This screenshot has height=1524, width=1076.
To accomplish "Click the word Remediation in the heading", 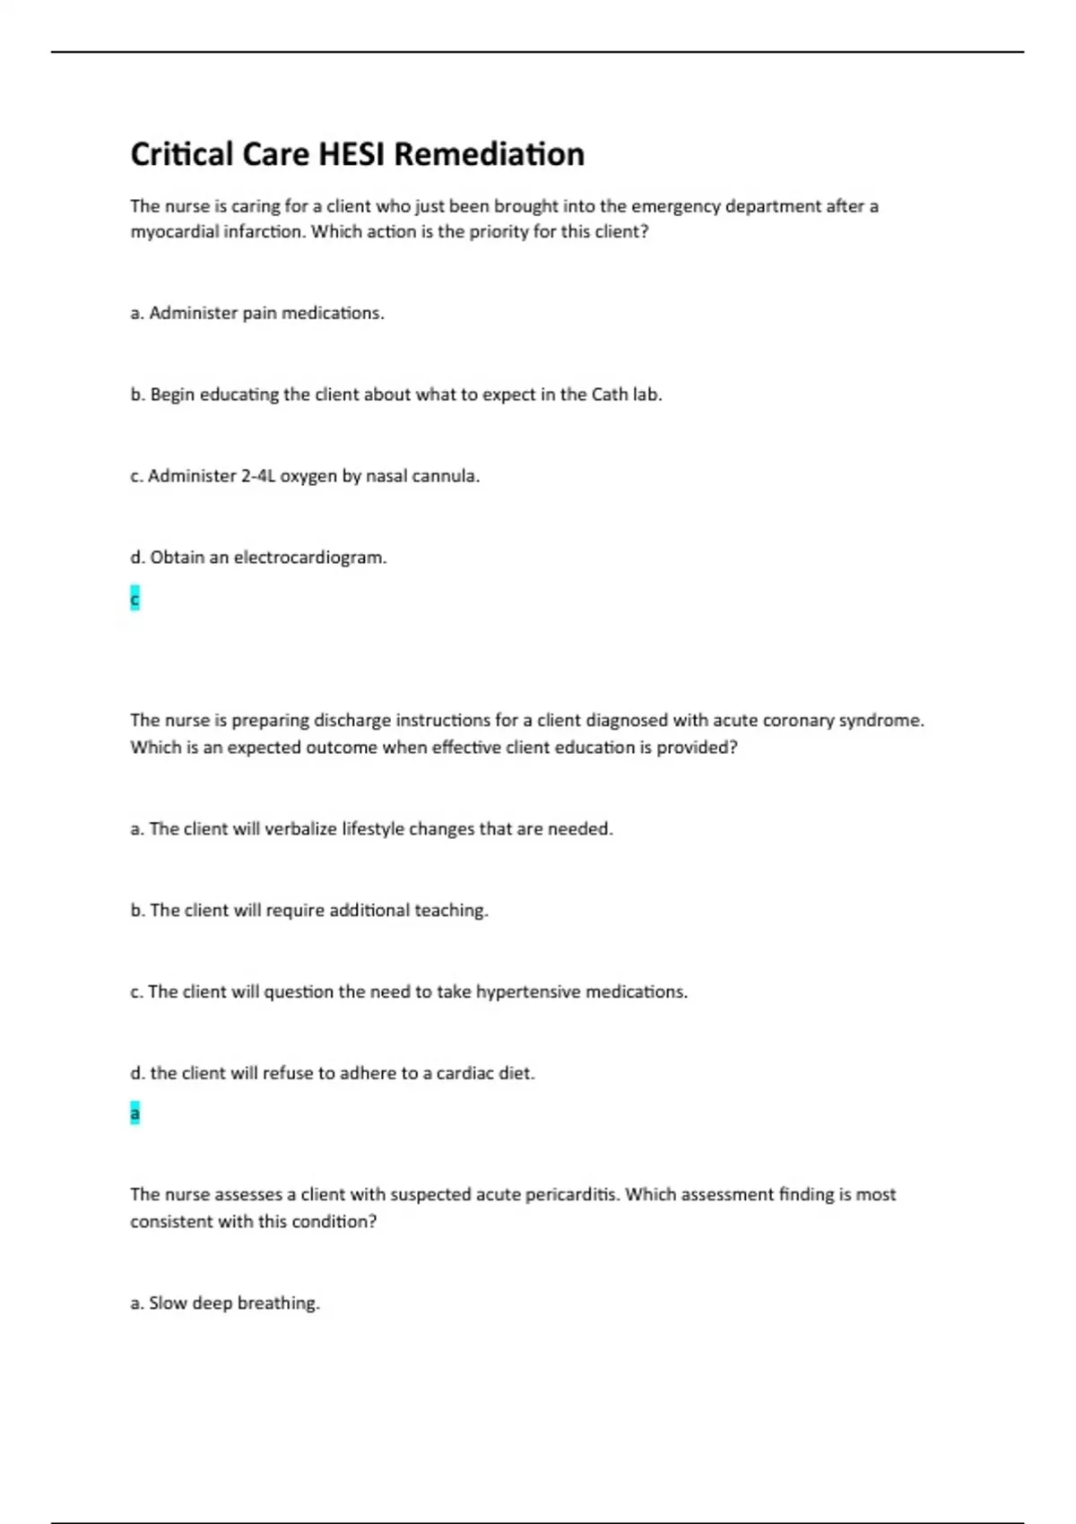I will (x=489, y=154).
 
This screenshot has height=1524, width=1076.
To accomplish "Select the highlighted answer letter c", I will (x=134, y=598).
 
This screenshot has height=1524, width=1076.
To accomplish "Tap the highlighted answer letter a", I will (x=134, y=1113).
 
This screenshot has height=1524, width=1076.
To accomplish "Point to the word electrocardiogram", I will (x=310, y=558).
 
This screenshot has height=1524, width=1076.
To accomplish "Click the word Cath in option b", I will (x=609, y=394).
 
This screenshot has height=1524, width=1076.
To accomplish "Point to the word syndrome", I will (x=881, y=720).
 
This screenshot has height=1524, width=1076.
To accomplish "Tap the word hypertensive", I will (x=528, y=991).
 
